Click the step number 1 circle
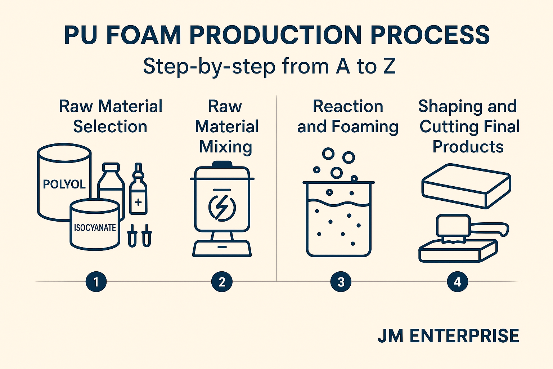pos(96,281)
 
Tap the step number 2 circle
pos(222,281)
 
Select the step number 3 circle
pos(341,281)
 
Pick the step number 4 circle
pos(457,281)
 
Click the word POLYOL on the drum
pos(64,184)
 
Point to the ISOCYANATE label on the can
pos(95,228)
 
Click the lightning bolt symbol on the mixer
pos(222,208)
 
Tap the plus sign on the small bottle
pos(138,202)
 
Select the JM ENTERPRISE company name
pos(448,336)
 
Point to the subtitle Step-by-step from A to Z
pos(269,66)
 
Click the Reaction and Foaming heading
pos(348,116)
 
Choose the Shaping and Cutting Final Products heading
pos(469,126)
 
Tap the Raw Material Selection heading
pos(111,116)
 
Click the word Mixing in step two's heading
pos(226,147)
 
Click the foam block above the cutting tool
pos(466,186)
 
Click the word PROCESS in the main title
pos(430,35)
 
